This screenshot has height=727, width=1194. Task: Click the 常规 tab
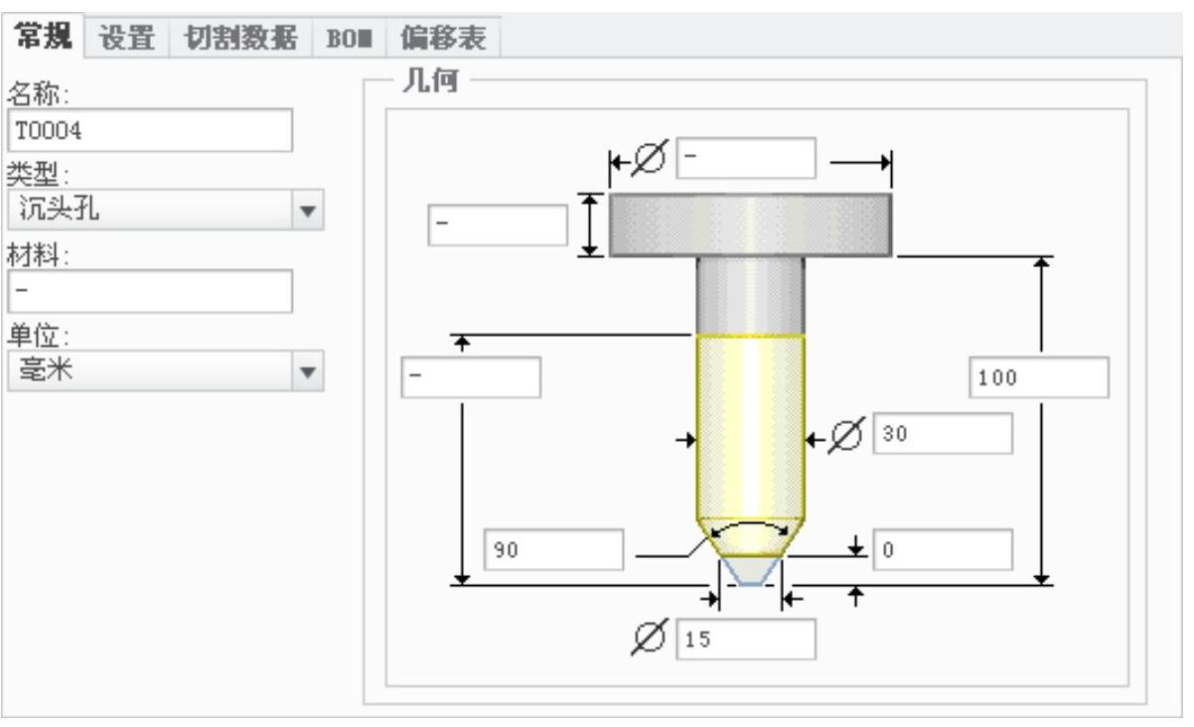[44, 38]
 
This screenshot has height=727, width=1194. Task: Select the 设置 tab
[128, 38]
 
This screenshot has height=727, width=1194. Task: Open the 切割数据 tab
[239, 38]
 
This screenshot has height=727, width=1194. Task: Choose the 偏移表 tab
[443, 38]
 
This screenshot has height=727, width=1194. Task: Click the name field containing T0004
[150, 130]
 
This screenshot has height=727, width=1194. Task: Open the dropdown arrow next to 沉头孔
[308, 211]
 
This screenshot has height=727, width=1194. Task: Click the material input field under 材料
[150, 291]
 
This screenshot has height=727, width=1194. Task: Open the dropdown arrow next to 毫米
[308, 371]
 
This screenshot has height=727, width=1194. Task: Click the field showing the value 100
[1038, 377]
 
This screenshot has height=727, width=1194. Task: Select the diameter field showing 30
[943, 433]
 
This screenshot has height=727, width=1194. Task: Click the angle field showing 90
[553, 550]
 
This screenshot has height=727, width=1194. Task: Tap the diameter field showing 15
[745, 640]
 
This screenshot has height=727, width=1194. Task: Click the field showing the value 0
[943, 549]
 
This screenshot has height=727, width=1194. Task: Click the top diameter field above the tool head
[745, 158]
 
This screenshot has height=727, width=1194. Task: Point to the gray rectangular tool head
[749, 224]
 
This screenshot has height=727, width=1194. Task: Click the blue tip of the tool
[750, 571]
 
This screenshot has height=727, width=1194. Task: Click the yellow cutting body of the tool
[750, 427]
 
